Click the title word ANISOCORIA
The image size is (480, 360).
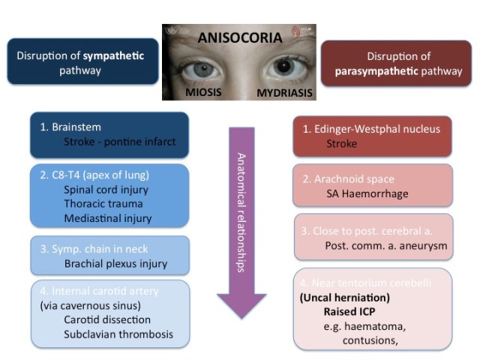(x=239, y=36)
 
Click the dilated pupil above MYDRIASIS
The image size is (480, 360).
(x=282, y=66)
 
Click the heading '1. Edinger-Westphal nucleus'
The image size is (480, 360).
(x=373, y=128)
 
